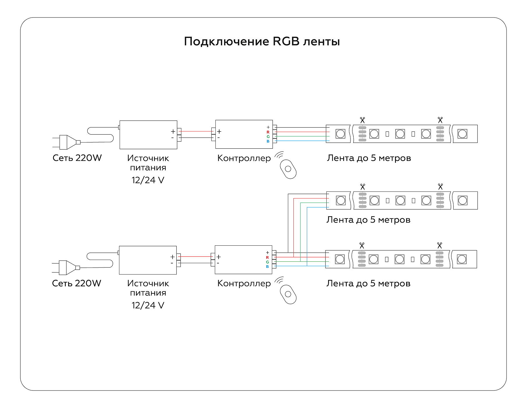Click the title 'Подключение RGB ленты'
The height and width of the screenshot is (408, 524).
(262, 41)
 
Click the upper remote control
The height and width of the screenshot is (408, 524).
(288, 169)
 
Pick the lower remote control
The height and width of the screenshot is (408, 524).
(288, 294)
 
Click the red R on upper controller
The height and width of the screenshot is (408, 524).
(268, 132)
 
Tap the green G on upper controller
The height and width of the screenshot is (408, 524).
(268, 137)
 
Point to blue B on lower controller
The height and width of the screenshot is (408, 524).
(267, 267)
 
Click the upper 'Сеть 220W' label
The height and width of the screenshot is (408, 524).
(77, 158)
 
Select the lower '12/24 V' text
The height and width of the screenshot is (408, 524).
(148, 305)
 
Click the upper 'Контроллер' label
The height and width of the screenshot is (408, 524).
(244, 158)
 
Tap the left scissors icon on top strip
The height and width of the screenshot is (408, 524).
(362, 120)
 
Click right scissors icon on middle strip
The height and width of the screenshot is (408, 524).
(440, 187)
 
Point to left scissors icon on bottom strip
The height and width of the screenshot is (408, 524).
(362, 245)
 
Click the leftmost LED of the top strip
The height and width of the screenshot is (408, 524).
(340, 134)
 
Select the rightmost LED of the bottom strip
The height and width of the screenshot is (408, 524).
(462, 259)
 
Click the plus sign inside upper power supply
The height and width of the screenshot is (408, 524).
(173, 131)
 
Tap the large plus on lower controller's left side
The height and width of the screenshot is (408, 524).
(219, 257)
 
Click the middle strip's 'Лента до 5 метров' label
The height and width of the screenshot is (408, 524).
(368, 220)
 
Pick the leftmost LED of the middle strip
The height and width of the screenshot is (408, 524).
(341, 201)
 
